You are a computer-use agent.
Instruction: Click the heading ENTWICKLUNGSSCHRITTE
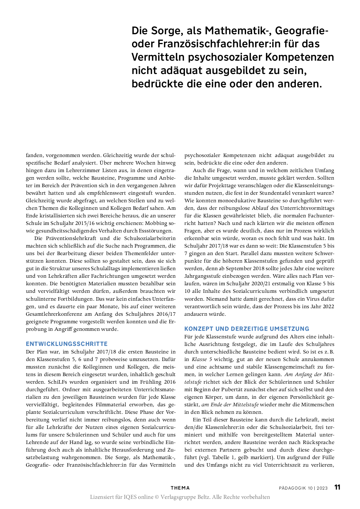point(67,344)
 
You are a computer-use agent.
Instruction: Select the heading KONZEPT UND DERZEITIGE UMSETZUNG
point(247,329)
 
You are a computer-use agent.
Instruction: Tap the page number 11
point(337,487)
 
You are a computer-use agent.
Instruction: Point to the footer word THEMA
point(180,488)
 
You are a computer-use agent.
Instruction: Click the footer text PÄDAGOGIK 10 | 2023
point(303,488)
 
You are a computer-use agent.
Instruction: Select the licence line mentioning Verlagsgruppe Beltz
point(180,497)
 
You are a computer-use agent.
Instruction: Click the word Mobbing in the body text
point(156,223)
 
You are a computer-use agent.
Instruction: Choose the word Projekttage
point(222,185)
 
